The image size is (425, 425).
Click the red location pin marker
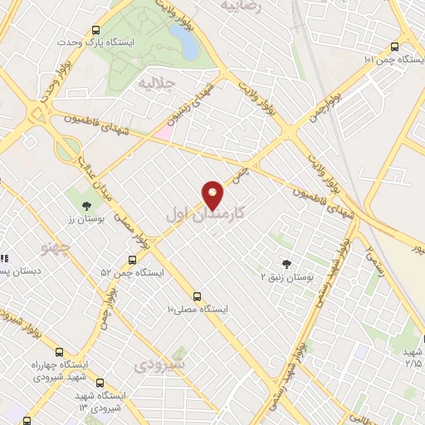(212, 194)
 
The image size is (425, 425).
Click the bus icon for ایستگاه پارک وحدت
(96, 27)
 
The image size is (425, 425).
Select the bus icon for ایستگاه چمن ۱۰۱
(393, 46)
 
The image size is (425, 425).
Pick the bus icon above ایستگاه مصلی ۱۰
(197, 296)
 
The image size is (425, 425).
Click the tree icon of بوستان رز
(86, 206)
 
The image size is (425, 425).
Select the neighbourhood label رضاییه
(241, 5)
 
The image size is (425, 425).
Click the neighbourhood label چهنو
(57, 247)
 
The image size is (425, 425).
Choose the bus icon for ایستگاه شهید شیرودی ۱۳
(100, 383)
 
